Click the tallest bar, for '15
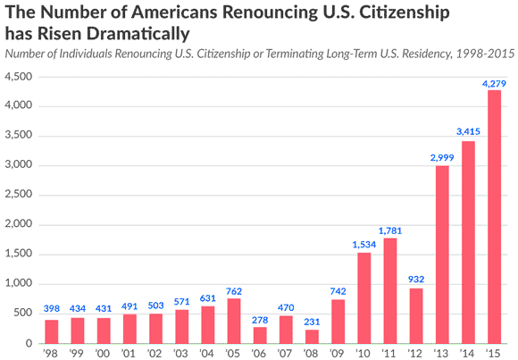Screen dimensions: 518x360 point(494,217)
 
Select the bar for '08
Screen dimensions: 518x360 point(312,337)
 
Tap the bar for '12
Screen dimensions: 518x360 point(416,316)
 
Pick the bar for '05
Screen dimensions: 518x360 point(234,321)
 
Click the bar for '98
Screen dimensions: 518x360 point(52,332)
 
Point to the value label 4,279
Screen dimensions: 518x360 point(494,84)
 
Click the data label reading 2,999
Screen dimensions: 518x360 point(442,158)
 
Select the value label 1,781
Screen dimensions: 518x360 point(390,230)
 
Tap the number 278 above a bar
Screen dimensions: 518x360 point(260,320)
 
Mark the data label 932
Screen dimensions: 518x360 point(416,280)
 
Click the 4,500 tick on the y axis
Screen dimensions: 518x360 point(19,77)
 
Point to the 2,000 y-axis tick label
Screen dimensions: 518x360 point(19,224)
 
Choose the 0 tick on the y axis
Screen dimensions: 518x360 point(29,344)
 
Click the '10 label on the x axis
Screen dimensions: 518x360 point(363,354)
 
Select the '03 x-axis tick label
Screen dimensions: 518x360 point(180,354)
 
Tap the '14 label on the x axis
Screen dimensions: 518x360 point(467,354)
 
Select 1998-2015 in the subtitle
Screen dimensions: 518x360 point(485,54)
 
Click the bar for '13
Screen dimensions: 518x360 point(442,255)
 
